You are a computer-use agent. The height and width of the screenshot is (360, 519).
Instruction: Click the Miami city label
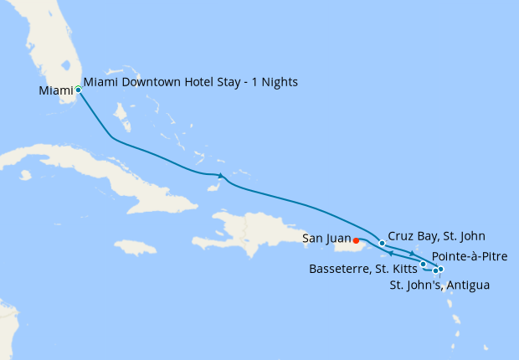click(55, 90)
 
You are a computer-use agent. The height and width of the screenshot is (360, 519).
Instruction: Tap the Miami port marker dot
click(78, 89)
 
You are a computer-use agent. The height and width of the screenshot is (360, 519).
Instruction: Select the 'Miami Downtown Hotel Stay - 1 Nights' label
click(191, 82)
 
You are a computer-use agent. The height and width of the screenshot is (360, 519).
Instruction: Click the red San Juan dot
click(357, 241)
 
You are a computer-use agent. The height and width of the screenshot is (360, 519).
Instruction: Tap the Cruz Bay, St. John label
click(436, 236)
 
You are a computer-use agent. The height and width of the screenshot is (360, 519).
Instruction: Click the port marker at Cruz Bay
click(383, 244)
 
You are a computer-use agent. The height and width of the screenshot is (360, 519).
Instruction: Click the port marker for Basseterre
click(424, 265)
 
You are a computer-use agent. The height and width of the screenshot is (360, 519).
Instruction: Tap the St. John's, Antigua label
click(439, 285)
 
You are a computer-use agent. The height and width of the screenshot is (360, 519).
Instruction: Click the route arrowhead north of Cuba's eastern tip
click(220, 175)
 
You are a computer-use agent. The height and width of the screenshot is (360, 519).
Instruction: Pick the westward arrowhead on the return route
click(392, 253)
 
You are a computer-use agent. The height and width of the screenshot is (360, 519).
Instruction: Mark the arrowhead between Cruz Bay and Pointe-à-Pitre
click(413, 252)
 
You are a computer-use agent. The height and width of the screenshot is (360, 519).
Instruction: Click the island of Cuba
click(126, 180)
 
